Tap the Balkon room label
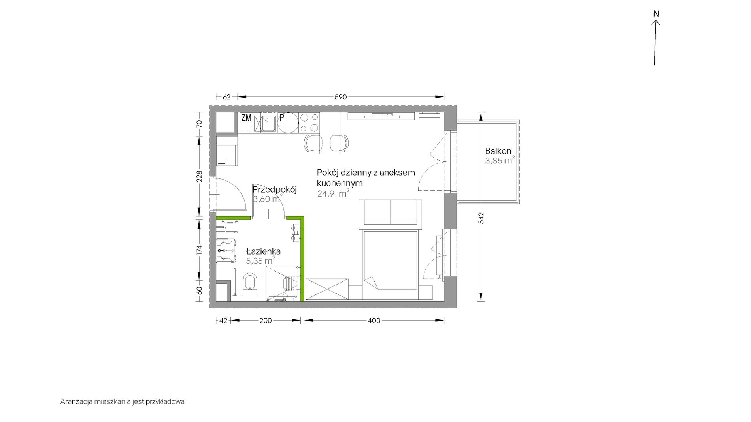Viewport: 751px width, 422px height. coord(498,151)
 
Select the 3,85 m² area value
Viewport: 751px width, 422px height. coord(500,160)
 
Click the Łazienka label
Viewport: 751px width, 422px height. coord(263,251)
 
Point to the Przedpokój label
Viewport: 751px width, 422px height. coord(275,189)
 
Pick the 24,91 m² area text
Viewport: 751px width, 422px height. coord(333,193)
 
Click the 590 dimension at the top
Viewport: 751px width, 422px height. coord(341,97)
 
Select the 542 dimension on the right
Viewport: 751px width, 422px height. coord(481,218)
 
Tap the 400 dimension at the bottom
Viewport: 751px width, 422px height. coord(374,321)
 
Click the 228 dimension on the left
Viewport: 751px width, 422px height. coord(200,176)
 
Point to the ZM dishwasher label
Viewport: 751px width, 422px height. coord(246,118)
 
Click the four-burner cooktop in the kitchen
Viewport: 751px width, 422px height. coord(309,123)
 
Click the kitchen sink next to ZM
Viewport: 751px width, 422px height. coord(269,123)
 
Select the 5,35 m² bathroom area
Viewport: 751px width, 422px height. coord(260,261)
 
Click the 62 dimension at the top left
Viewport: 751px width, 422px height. coord(226,97)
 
